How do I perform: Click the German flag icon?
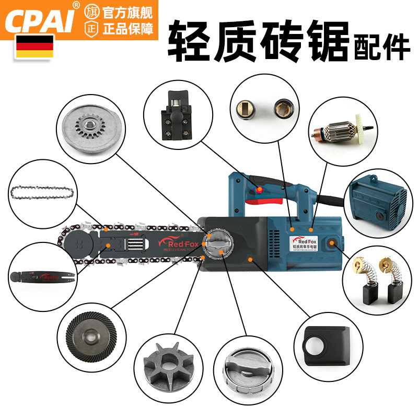[x=34, y=46]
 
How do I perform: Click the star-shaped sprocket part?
[x=163, y=361]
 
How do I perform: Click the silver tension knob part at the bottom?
[x=241, y=369]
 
